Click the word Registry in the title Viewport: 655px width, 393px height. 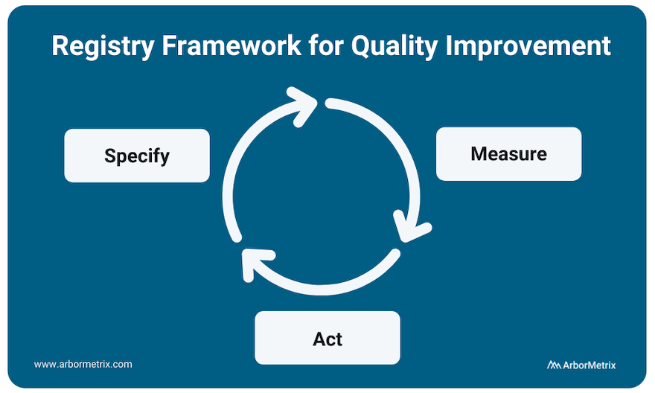coord(98,46)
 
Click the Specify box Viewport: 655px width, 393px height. coord(136,156)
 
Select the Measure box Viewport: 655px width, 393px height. coord(508,154)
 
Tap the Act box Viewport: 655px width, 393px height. coord(327,339)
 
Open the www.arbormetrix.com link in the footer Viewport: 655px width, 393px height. coord(83,364)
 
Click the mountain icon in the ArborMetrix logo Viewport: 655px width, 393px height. coord(554,365)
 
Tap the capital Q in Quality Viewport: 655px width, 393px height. coord(361,46)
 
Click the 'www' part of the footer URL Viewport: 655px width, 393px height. coord(44,364)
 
